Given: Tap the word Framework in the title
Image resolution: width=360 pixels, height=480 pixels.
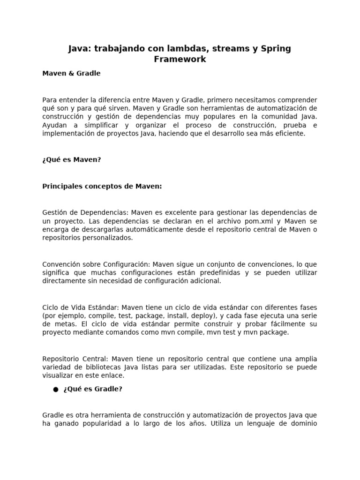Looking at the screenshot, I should [x=180, y=60].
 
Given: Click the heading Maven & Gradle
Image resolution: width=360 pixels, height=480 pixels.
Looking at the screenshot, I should [x=71, y=74].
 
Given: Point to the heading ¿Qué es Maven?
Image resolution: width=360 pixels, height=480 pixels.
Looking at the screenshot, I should [x=71, y=160].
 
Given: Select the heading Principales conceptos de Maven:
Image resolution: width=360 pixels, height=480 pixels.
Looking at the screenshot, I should [x=102, y=186].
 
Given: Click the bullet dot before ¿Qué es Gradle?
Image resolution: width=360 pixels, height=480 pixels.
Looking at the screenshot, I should [x=56, y=390].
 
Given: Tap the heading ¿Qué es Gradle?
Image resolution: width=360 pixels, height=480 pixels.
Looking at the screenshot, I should [x=93, y=389].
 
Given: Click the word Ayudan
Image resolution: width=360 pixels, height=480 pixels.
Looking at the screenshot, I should [x=55, y=125].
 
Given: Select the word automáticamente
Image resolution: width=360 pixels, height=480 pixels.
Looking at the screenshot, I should [x=159, y=229].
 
